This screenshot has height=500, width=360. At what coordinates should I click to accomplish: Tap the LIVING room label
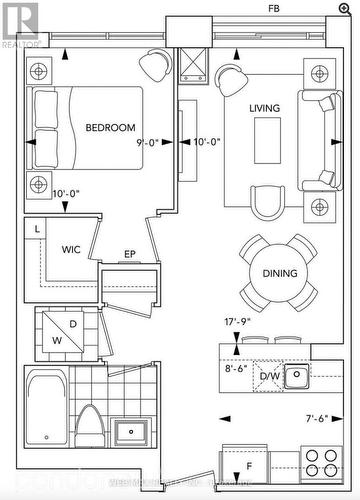pos(265,108)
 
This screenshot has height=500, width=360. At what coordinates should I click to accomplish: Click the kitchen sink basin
pos(297,376)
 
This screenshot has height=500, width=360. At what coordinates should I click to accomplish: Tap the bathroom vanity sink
pos(131,434)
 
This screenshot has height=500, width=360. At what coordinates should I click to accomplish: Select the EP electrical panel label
pos(129,255)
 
